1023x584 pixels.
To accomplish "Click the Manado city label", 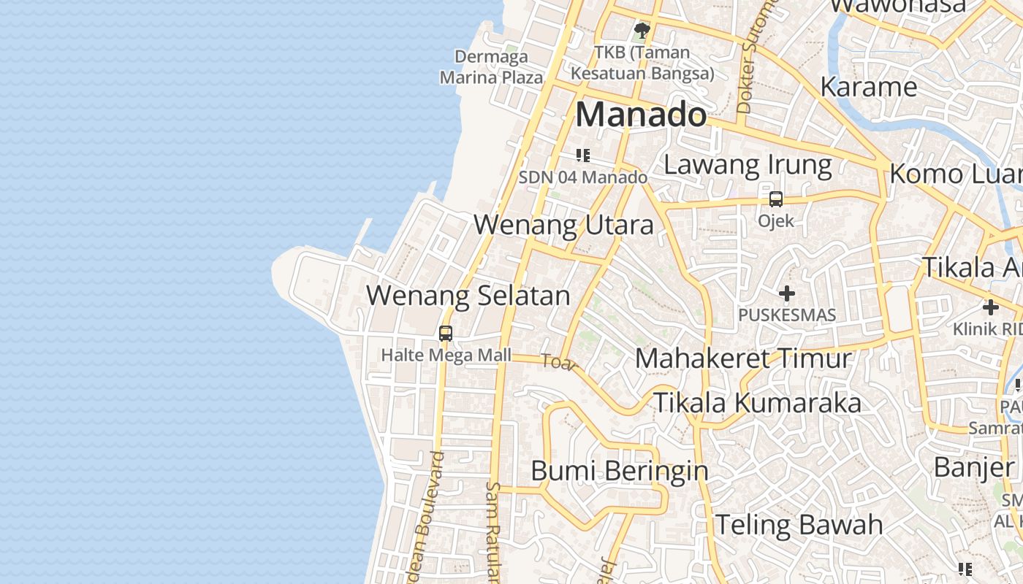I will (x=642, y=115).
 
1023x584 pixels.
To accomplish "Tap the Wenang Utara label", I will (x=563, y=225).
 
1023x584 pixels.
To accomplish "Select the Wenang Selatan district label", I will (x=468, y=296).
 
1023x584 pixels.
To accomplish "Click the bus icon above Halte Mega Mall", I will (x=445, y=334).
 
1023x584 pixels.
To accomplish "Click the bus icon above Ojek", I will (x=775, y=199).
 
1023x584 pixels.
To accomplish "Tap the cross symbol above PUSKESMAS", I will (x=786, y=293).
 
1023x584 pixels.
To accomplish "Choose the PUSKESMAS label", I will (x=786, y=315).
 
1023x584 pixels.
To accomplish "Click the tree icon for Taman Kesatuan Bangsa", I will (x=642, y=31).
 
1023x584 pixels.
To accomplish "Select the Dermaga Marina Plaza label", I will (x=491, y=66).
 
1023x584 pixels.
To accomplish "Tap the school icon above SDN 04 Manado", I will (x=582, y=155).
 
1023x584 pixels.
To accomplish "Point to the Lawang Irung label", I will (x=748, y=165).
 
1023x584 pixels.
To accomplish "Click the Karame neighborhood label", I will (x=868, y=87).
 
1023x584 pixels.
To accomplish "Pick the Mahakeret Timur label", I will (x=743, y=358).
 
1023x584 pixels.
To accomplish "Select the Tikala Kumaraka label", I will (x=756, y=403).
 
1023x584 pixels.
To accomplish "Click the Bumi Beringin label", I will (x=619, y=471).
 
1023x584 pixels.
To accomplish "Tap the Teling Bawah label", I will (x=798, y=525).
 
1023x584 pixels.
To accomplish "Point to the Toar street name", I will (x=559, y=362).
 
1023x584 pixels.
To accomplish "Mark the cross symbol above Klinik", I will (x=990, y=307).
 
